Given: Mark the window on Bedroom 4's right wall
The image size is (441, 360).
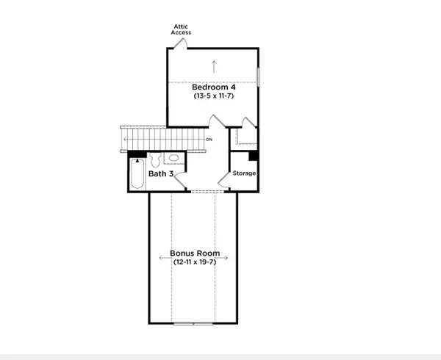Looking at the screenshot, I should coord(259,77).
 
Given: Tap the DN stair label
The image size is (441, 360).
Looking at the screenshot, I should coord(209,139).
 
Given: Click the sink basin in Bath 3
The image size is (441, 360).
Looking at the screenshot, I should coord(174,158).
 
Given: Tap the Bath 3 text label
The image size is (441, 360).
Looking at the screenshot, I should coord(161,174).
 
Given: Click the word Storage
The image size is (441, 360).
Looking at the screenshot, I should coord(244,173).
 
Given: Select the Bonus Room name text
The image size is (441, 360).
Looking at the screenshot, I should coord(194,252).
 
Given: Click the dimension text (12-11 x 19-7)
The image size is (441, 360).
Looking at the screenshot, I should coord(194,262).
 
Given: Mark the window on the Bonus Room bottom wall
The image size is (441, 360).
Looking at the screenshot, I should coord(194,323).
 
